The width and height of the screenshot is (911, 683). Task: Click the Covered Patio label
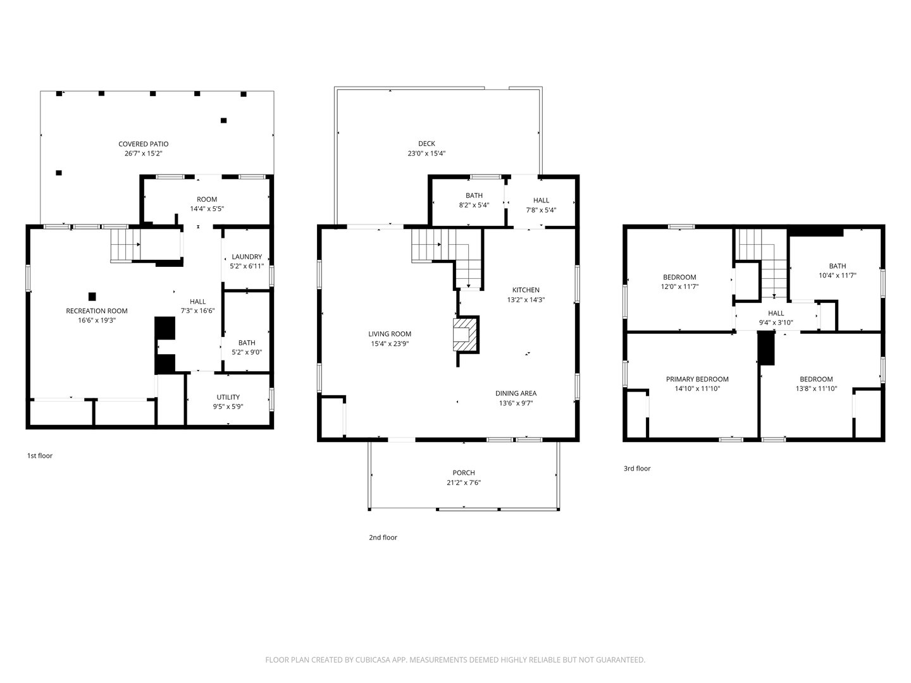[x=144, y=144]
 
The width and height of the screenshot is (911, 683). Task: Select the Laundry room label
[x=247, y=257]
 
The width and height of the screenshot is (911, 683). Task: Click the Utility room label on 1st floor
[x=228, y=397]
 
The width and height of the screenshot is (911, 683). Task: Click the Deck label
[x=426, y=144]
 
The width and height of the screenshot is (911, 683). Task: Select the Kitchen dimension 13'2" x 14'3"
[x=526, y=300]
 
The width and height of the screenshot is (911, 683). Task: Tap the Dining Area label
[x=516, y=393]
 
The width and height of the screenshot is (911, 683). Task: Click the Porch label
[x=463, y=473]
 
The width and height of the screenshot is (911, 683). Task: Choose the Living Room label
[x=390, y=334]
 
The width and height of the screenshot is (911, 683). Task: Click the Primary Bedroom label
[x=697, y=379]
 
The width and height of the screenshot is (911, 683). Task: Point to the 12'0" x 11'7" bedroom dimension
[x=679, y=286]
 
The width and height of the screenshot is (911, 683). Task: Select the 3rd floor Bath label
[x=837, y=266]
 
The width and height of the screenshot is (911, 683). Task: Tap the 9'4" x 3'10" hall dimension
[x=776, y=323]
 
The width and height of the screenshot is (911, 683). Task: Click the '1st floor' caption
[x=40, y=456]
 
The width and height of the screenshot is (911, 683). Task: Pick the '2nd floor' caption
[x=383, y=538]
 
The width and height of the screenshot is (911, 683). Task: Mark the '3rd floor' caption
[x=637, y=469]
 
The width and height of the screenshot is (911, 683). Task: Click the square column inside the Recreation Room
[x=92, y=296]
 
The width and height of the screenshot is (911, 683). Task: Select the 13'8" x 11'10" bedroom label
[x=816, y=389]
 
